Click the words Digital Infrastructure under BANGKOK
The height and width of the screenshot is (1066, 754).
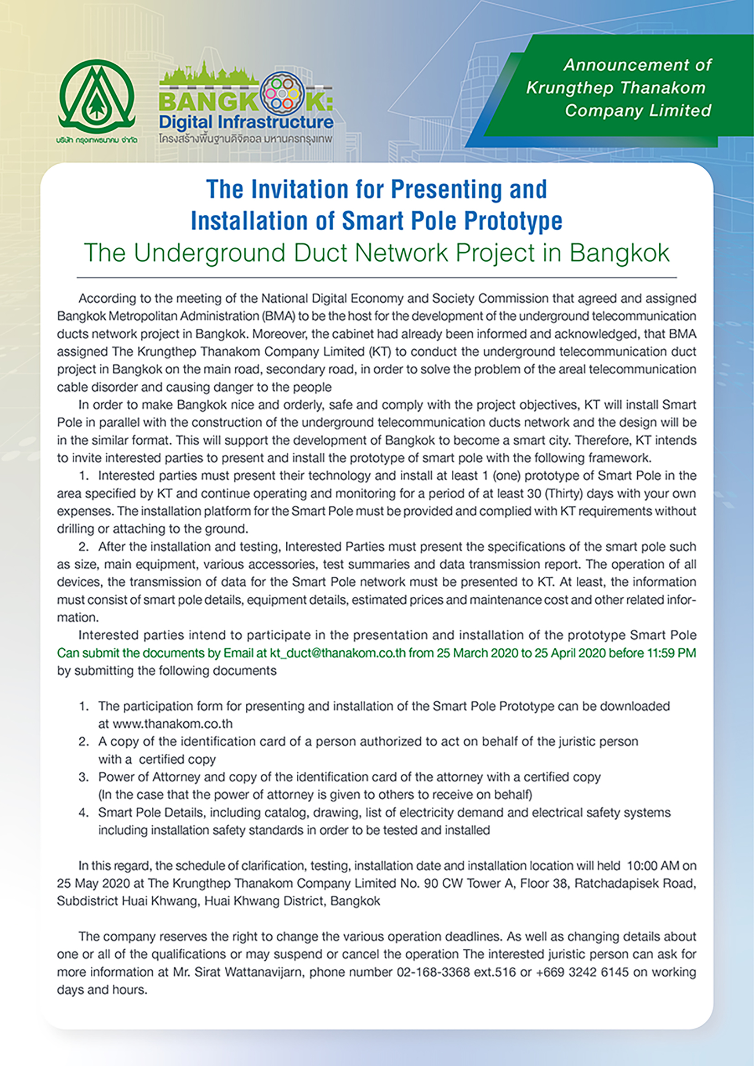point(246,122)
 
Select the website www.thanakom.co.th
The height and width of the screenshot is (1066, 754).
point(172,724)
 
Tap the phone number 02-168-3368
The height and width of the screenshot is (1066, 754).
point(433,972)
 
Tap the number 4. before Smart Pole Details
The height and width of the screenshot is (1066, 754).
point(83,812)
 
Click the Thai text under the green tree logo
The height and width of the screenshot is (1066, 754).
point(97,140)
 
